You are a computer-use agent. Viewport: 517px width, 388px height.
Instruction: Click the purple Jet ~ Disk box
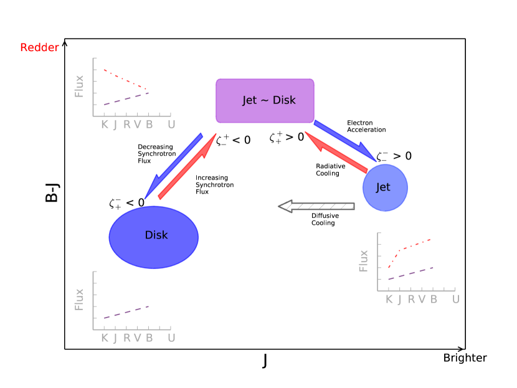coord(265,100)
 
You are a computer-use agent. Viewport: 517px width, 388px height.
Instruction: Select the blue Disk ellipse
coord(154,235)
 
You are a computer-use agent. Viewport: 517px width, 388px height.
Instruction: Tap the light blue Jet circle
coord(385,187)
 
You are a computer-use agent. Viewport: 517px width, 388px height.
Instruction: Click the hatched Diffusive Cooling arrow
coord(316,206)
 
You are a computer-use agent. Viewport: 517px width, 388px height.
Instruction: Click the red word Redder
coord(39,48)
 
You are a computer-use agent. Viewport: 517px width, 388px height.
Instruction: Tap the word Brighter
coord(465,357)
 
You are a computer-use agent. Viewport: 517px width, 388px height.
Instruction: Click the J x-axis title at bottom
coord(265,361)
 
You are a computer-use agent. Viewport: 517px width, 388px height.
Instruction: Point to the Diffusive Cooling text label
coord(325,219)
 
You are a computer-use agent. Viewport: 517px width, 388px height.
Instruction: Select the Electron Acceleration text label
coord(366,126)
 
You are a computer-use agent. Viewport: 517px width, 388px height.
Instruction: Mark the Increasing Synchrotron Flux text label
coord(212,185)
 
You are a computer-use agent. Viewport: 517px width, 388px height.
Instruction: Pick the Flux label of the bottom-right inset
coord(364,260)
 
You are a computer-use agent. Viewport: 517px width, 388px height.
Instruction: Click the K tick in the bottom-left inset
coord(104,338)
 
